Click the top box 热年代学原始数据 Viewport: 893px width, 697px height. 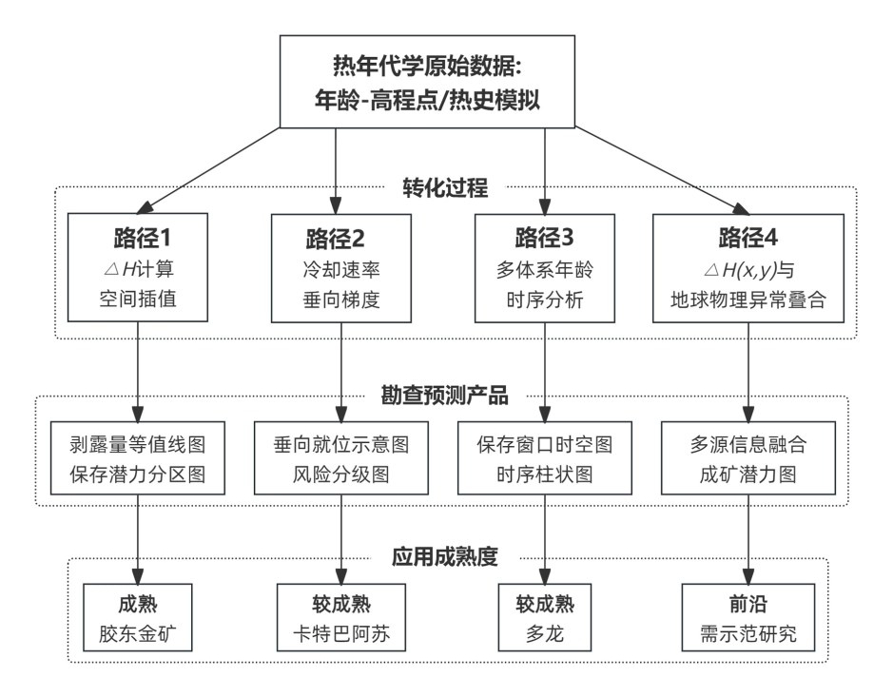click(x=427, y=82)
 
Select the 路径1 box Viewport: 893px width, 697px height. click(x=138, y=267)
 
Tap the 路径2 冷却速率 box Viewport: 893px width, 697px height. click(x=341, y=268)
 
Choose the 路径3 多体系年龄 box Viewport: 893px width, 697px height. click(x=545, y=268)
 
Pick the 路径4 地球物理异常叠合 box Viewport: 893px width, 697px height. click(x=748, y=268)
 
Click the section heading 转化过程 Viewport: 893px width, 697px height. click(x=445, y=187)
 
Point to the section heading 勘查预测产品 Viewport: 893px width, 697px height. click(x=445, y=396)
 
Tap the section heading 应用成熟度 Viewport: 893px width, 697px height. click(x=445, y=556)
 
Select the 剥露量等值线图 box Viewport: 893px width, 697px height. click(x=138, y=457)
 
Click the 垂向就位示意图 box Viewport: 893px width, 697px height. click(x=341, y=457)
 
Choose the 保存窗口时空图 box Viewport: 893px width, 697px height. click(x=545, y=457)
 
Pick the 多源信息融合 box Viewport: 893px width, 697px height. click(x=748, y=457)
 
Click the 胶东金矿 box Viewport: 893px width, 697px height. click(x=138, y=617)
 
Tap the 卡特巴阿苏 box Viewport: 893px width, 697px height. click(x=341, y=617)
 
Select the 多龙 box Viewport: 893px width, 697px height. click(x=545, y=617)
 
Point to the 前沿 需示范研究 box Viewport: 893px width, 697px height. click(x=748, y=617)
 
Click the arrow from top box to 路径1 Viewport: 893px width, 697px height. click(x=209, y=170)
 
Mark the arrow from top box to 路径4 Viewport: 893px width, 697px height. click(x=662, y=171)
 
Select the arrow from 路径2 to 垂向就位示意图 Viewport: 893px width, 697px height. click(x=341, y=372)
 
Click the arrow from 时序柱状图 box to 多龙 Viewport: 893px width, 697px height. click(x=545, y=539)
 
